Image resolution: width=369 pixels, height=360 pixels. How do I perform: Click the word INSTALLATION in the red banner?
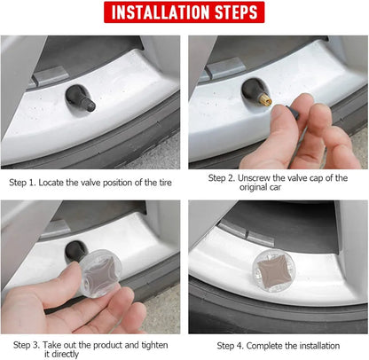pyautogui.click(x=160, y=12)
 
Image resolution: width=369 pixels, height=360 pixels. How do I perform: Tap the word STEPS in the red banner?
pyautogui.click(x=236, y=12)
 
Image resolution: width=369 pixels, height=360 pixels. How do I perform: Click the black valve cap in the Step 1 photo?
pyautogui.click(x=88, y=105)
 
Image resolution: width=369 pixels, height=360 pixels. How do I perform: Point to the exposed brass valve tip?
pyautogui.click(x=265, y=99)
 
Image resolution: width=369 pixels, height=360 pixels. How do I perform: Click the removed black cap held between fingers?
pyautogui.click(x=293, y=112)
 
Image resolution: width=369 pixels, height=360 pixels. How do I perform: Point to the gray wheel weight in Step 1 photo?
pyautogui.click(x=51, y=75)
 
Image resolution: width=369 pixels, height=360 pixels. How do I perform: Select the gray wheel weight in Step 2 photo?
pyautogui.click(x=225, y=68)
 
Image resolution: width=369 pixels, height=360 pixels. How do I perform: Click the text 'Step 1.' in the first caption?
pyautogui.click(x=22, y=183)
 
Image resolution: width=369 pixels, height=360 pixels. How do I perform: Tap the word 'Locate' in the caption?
pyautogui.click(x=51, y=183)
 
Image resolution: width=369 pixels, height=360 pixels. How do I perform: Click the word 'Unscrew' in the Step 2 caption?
pyautogui.click(x=254, y=178)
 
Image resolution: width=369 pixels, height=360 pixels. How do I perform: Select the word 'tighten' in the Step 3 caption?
pyautogui.click(x=154, y=345)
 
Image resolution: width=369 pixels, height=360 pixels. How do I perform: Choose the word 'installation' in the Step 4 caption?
pyautogui.click(x=319, y=346)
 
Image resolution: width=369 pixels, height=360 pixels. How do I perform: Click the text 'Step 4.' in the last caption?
pyautogui.click(x=230, y=346)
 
